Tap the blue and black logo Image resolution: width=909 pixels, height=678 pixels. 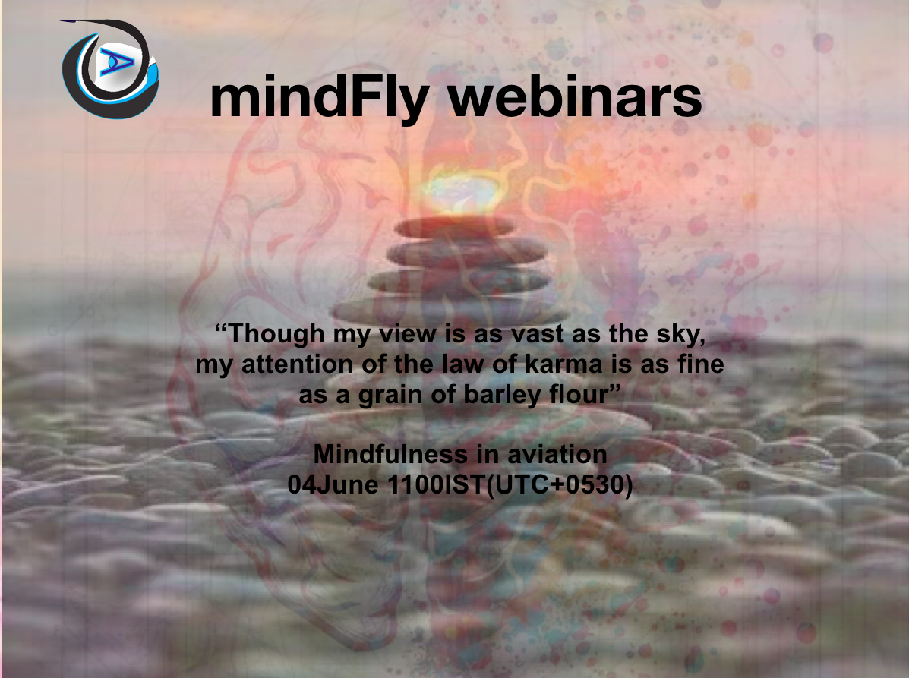tap(111, 67)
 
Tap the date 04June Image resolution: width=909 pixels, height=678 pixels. tap(334, 484)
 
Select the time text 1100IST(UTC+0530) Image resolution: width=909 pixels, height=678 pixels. tap(510, 484)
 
